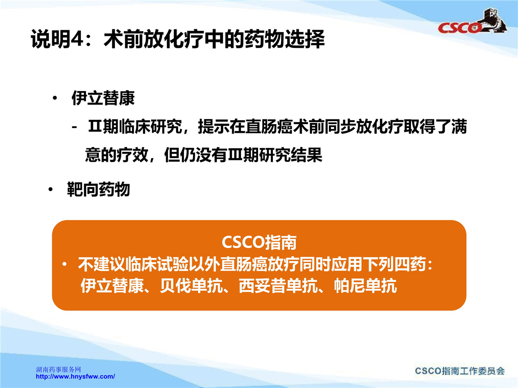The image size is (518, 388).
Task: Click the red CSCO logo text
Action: click(x=459, y=28)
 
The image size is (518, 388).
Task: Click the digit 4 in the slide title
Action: click(x=77, y=39)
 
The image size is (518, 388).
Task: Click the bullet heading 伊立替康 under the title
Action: click(x=103, y=98)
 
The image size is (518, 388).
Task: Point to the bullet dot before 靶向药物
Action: click(x=50, y=189)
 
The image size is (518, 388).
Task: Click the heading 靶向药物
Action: click(x=98, y=189)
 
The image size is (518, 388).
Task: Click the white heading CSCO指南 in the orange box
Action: click(x=259, y=242)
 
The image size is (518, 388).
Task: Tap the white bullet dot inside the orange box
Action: click(x=64, y=265)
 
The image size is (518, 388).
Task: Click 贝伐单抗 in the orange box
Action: click(x=191, y=286)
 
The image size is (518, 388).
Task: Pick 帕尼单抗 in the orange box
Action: click(x=365, y=286)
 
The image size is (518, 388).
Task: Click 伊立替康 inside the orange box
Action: click(x=112, y=286)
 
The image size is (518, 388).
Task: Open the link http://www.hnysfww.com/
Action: click(x=75, y=376)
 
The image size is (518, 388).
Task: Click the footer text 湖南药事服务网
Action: click(x=58, y=369)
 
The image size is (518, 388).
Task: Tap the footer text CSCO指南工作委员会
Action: click(x=460, y=371)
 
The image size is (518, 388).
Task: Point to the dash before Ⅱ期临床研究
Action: click(x=74, y=128)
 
